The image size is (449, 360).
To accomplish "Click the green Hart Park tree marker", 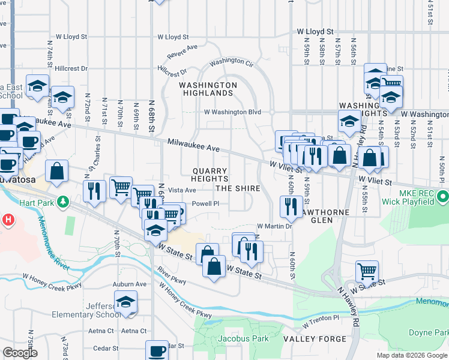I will point(62,200).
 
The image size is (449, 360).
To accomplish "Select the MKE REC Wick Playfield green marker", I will point(442,196).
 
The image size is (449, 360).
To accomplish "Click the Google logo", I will point(20,353).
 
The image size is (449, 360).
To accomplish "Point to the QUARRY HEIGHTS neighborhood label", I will point(210,175).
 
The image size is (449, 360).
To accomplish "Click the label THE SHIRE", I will point(238,188).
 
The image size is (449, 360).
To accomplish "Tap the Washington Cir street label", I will point(231,62).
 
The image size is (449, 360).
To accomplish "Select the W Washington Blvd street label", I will point(232,112).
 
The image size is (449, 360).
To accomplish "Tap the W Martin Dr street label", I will point(274,226).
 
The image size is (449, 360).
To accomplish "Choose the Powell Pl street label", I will point(214,203).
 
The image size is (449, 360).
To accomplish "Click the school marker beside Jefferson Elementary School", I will point(126,302).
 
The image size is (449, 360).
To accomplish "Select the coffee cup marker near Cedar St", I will point(157,350).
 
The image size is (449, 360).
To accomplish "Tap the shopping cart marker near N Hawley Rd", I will point(367,270).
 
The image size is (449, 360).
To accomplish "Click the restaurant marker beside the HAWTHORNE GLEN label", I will point(291,206).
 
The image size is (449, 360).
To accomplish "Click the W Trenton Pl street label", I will point(321,322).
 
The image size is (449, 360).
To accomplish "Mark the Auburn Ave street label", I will point(133,284).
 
